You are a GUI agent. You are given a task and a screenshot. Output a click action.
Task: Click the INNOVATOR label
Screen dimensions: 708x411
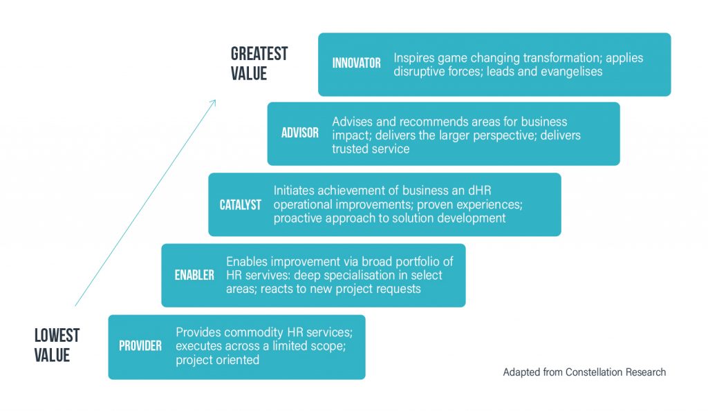tap(356, 63)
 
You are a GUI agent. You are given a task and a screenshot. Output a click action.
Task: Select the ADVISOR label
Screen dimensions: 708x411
tap(300, 133)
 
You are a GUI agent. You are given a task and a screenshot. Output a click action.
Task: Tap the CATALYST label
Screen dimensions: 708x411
tap(240, 205)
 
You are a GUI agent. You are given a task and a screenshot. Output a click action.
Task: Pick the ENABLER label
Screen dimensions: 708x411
tap(194, 275)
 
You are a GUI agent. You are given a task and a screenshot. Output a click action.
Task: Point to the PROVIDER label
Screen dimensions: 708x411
tap(140, 346)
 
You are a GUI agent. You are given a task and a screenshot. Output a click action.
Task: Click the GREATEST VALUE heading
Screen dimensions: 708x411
tap(259, 64)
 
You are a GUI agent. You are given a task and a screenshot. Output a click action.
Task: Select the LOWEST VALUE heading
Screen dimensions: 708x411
tap(57, 345)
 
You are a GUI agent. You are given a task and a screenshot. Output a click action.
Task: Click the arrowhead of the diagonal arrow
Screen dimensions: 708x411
tap(213, 102)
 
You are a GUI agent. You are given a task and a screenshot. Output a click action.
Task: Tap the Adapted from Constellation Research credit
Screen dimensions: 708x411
tap(584, 372)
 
